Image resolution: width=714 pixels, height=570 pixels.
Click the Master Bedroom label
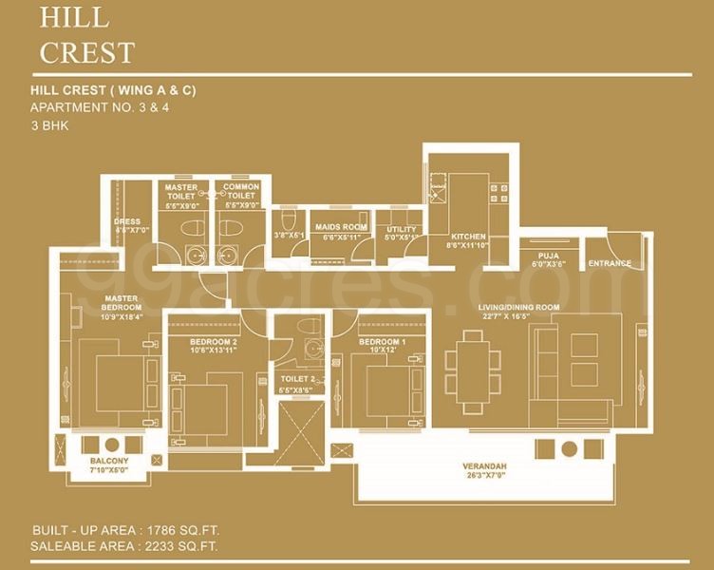122,303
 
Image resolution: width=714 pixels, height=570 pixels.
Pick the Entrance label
610,263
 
